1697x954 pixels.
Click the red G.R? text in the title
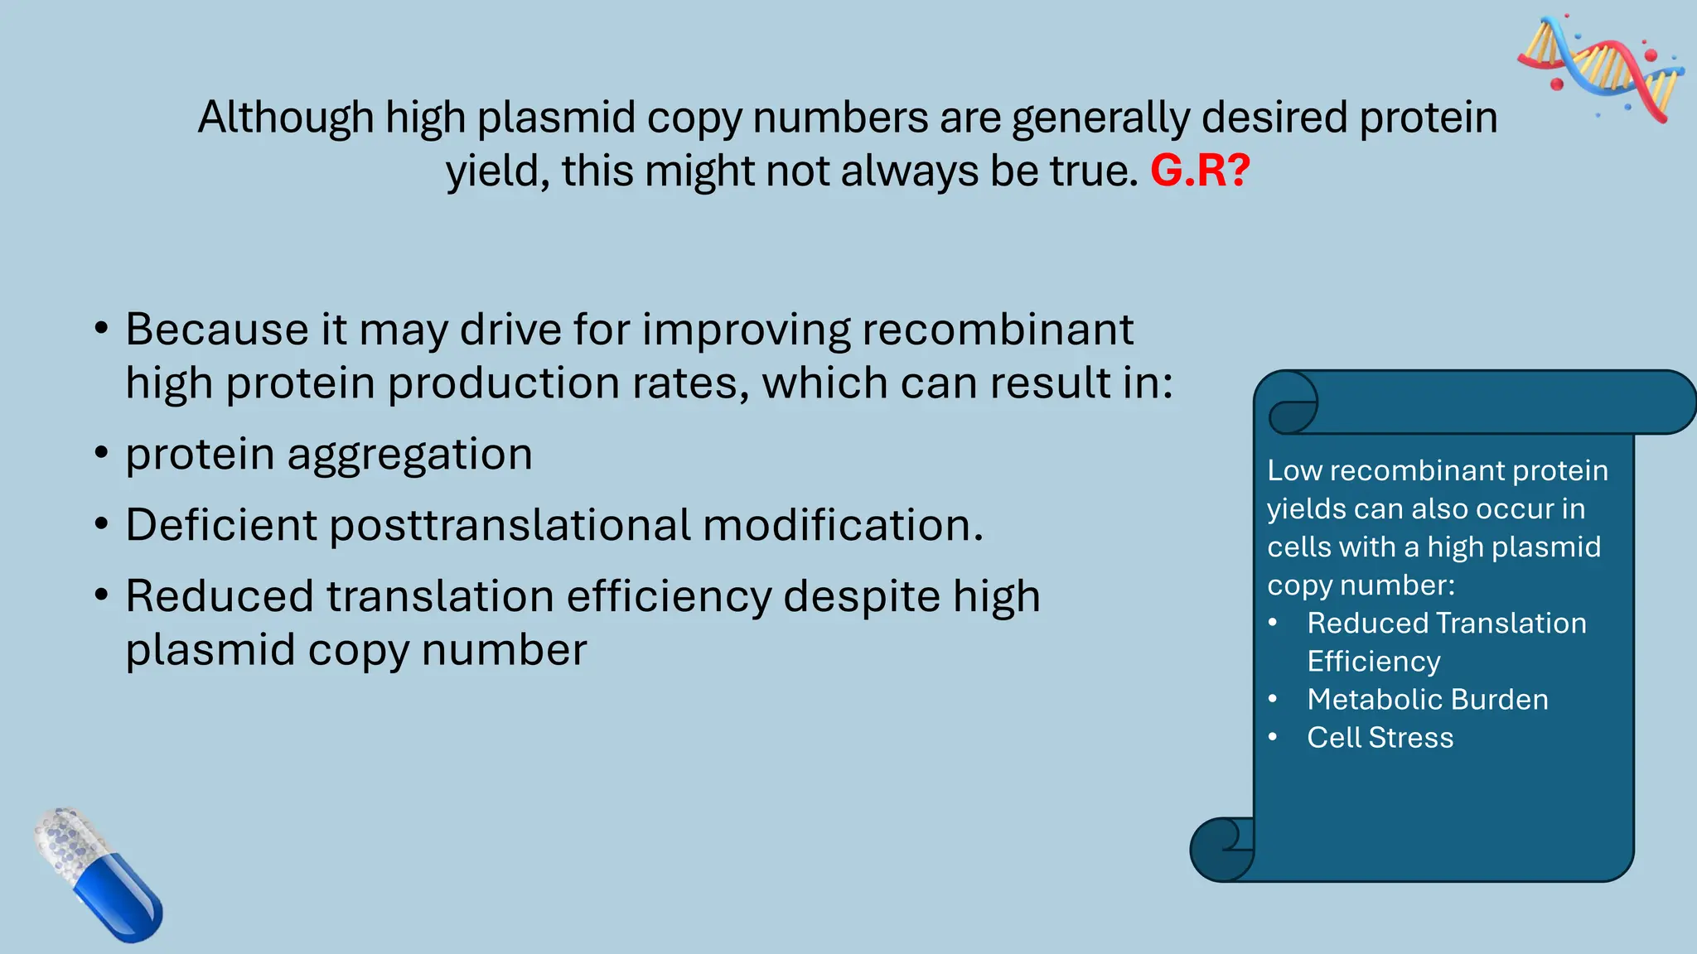[x=1199, y=171]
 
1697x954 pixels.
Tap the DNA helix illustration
[x=1599, y=68]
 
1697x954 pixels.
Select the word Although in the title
[x=285, y=118]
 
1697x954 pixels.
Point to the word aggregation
[x=409, y=455]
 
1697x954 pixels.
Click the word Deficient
[x=221, y=525]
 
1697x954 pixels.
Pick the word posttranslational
[x=510, y=526]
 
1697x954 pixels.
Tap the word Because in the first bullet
[x=217, y=330]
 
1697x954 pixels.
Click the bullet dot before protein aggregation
[x=101, y=454]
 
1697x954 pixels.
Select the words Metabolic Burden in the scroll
[x=1427, y=700]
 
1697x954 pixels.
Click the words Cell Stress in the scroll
[x=1380, y=738]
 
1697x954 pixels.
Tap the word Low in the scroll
[x=1293, y=470]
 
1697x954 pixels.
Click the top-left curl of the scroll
[x=1289, y=405]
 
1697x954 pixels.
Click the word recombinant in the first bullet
[x=997, y=330]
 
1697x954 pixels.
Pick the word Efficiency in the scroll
[x=1373, y=662]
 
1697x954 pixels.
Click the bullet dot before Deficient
[x=101, y=525]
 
